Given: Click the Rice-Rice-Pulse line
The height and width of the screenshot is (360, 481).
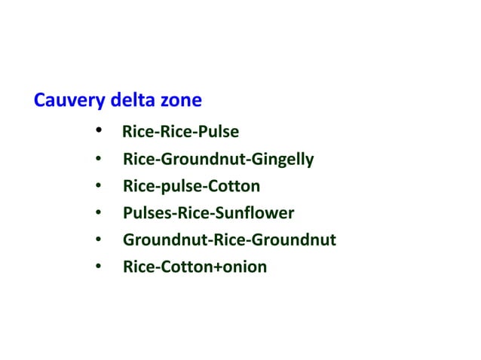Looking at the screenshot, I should [180, 133].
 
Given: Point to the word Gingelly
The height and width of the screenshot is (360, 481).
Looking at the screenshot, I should [284, 160].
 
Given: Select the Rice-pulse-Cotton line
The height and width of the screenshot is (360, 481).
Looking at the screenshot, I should [191, 186].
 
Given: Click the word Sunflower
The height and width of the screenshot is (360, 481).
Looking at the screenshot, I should [258, 213].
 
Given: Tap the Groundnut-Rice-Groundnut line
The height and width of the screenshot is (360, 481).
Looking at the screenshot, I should [229, 240].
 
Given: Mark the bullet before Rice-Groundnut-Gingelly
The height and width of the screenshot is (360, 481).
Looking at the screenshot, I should [99, 160].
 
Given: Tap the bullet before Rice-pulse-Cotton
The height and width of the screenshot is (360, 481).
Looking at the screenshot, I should [99, 186].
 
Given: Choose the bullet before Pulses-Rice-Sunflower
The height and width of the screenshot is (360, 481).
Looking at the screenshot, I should [99, 213].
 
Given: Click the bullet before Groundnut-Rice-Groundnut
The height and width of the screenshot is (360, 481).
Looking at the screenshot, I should [99, 240].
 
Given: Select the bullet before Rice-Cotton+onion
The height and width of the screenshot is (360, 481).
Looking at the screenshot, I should [99, 267].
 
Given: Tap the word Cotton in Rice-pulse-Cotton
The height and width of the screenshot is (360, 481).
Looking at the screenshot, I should [236, 186].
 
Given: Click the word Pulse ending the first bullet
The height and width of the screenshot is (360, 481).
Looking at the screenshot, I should [219, 133].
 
